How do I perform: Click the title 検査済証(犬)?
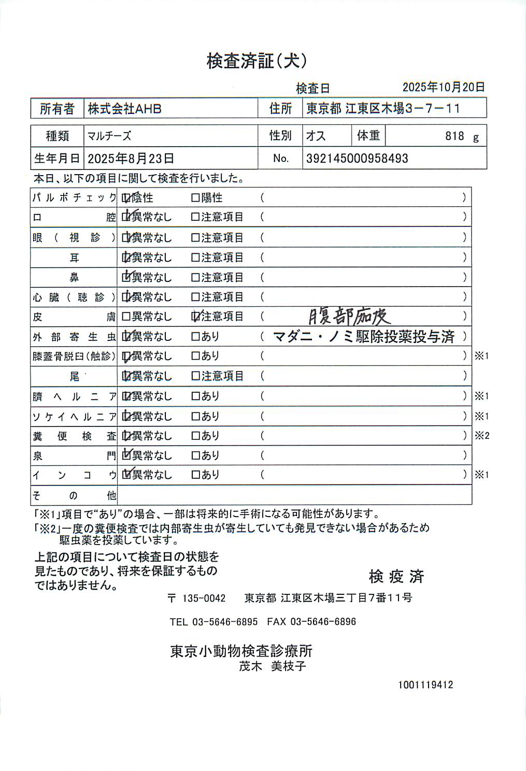[257, 61]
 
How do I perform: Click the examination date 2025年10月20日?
[444, 87]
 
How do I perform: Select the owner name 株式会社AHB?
[124, 109]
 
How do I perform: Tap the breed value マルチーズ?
[109, 136]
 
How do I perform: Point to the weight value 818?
[454, 136]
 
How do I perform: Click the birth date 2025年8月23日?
[131, 159]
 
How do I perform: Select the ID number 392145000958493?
[357, 159]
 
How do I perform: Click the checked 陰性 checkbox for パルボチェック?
[126, 198]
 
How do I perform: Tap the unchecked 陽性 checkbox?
[195, 198]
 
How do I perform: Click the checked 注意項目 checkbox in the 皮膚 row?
[196, 316]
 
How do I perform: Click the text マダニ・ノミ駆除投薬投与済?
[363, 337]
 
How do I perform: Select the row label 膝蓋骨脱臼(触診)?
[74, 356]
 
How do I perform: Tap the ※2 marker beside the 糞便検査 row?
[482, 436]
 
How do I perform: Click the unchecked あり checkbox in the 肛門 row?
[195, 455]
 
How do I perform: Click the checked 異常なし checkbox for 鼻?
[126, 277]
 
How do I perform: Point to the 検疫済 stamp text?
[396, 576]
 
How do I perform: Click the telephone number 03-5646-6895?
[225, 622]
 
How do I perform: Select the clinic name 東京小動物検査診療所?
[241, 651]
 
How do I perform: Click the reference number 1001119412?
[425, 685]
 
